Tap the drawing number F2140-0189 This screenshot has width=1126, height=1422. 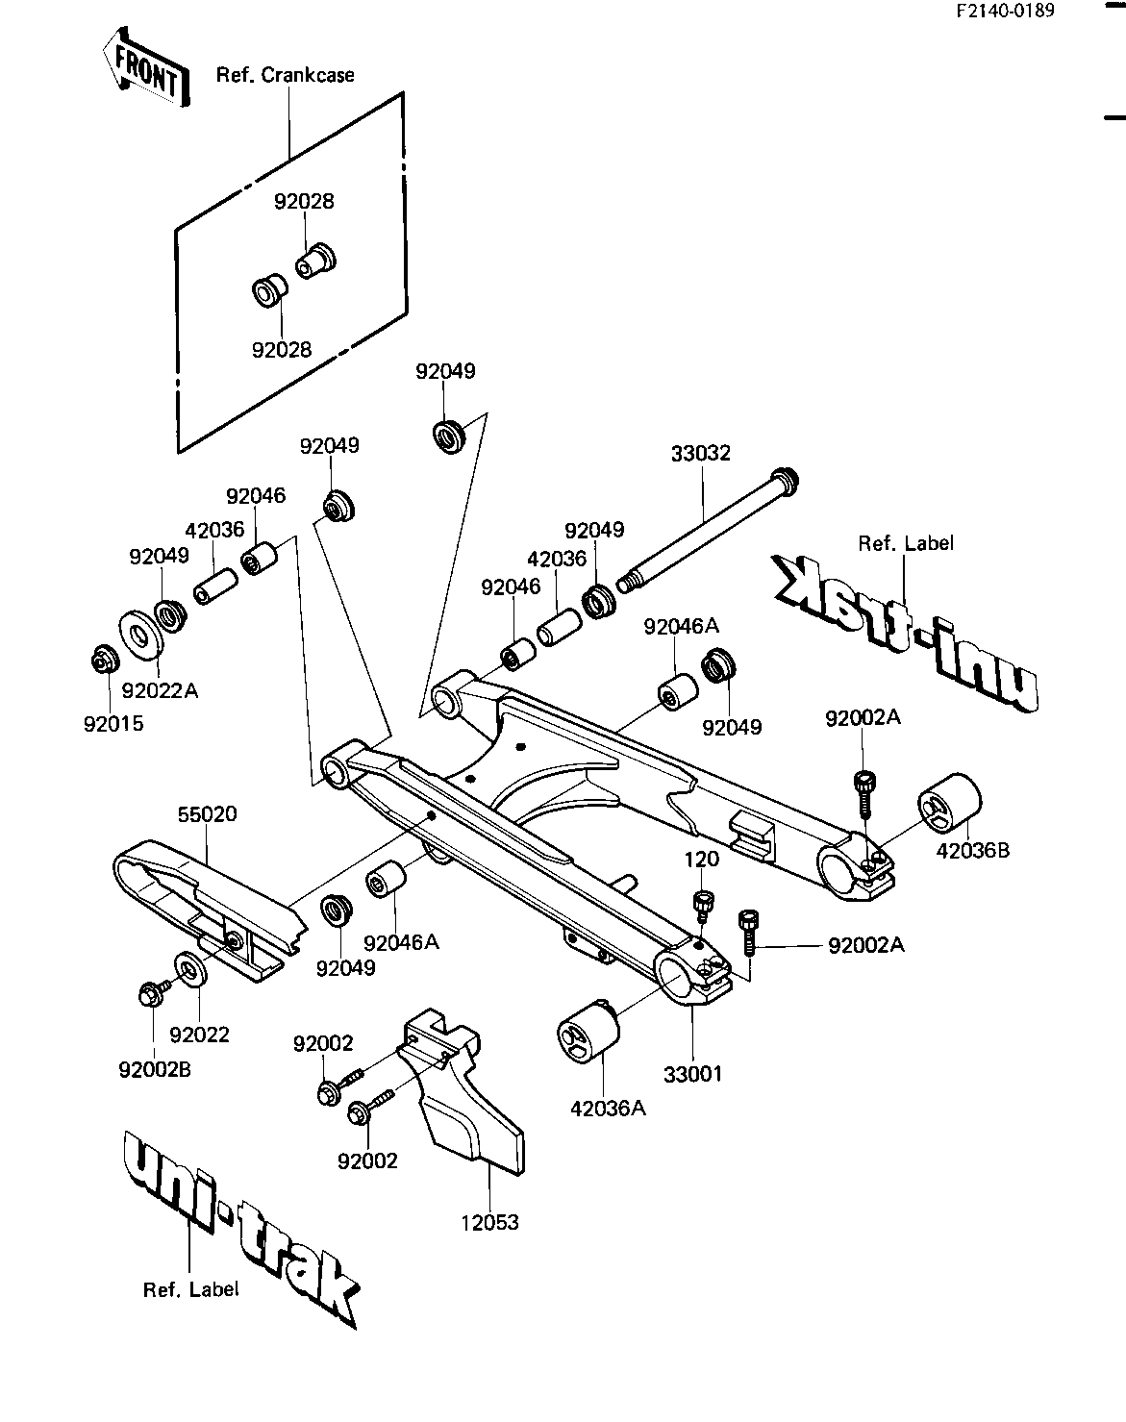pos(1005,12)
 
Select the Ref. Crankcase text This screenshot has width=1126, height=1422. pos(285,75)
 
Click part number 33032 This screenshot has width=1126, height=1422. pos(700,453)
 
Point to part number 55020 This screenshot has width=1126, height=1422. pos(207,814)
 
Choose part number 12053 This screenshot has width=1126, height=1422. pos(489,1222)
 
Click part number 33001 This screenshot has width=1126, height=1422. pos(692,1074)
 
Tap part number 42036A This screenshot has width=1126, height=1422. pos(608,1109)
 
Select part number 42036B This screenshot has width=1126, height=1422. pos(973,851)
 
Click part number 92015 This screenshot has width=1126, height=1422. pos(113,724)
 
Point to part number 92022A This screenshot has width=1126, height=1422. pos(160,690)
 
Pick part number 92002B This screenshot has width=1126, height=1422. pos(155,1069)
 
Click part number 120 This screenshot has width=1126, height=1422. pos(701,859)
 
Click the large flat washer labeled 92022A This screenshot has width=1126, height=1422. pos(140,635)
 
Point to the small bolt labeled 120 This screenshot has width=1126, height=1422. pos(703,907)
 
